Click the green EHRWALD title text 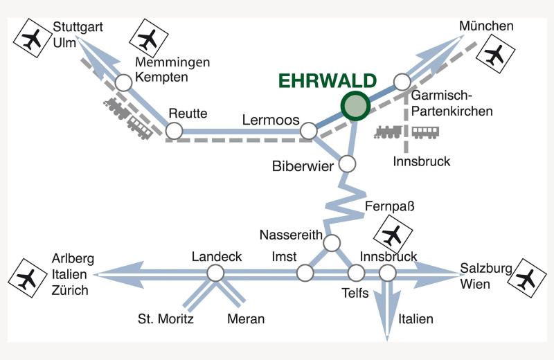tap(328, 81)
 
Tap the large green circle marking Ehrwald tap(355, 106)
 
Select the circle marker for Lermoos tap(309, 130)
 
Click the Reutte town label tap(188, 114)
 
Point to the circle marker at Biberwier tap(346, 164)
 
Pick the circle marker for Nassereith tap(332, 242)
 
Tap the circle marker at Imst tap(305, 273)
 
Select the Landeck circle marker tap(215, 273)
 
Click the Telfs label tap(355, 293)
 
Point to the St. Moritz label tap(165, 319)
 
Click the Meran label tap(246, 319)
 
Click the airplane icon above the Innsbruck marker tap(393, 235)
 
